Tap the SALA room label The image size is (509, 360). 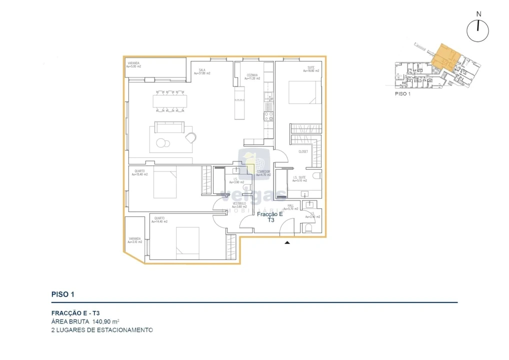point(202,70)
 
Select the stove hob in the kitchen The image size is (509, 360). point(268,116)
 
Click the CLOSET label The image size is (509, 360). point(303,151)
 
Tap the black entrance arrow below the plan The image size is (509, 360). point(287,242)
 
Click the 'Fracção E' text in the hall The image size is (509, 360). point(270,214)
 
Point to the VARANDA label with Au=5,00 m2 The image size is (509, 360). point(134,63)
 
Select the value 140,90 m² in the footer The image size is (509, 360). point(106,321)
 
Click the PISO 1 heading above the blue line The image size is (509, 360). point(63,294)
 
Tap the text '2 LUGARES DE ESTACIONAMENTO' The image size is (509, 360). point(102,330)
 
